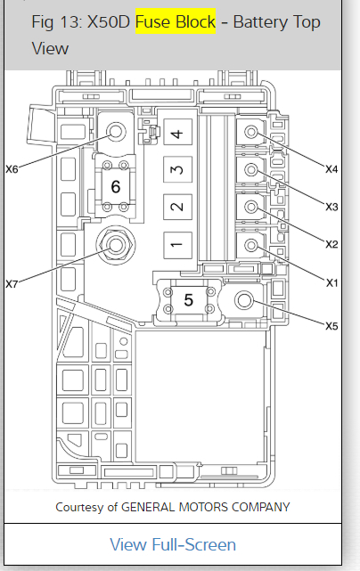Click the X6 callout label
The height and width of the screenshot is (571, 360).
click(x=12, y=169)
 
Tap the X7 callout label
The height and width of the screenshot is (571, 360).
click(x=12, y=284)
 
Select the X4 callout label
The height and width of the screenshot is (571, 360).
click(x=331, y=169)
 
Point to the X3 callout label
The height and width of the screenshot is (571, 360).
click(x=331, y=207)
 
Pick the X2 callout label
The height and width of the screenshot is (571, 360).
click(x=331, y=244)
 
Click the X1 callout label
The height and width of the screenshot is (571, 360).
click(x=331, y=282)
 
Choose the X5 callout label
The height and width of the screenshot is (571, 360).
click(x=331, y=326)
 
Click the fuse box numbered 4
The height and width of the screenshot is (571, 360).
click(x=178, y=132)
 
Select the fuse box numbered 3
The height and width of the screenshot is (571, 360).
click(x=178, y=169)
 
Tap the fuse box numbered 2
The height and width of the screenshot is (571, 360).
click(x=178, y=207)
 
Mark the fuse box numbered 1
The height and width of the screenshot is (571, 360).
click(x=178, y=245)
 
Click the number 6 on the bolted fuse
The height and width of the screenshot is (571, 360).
click(x=116, y=186)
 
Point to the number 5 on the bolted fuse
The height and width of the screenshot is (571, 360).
click(x=188, y=299)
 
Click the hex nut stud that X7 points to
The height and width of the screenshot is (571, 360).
click(x=116, y=244)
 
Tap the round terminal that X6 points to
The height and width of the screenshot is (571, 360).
click(x=116, y=132)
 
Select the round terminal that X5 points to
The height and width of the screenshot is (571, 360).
click(x=244, y=300)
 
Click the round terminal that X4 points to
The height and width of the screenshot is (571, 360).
click(x=251, y=132)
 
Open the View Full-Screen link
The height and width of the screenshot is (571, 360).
click(x=173, y=545)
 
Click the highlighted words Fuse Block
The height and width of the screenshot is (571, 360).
click(x=176, y=21)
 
